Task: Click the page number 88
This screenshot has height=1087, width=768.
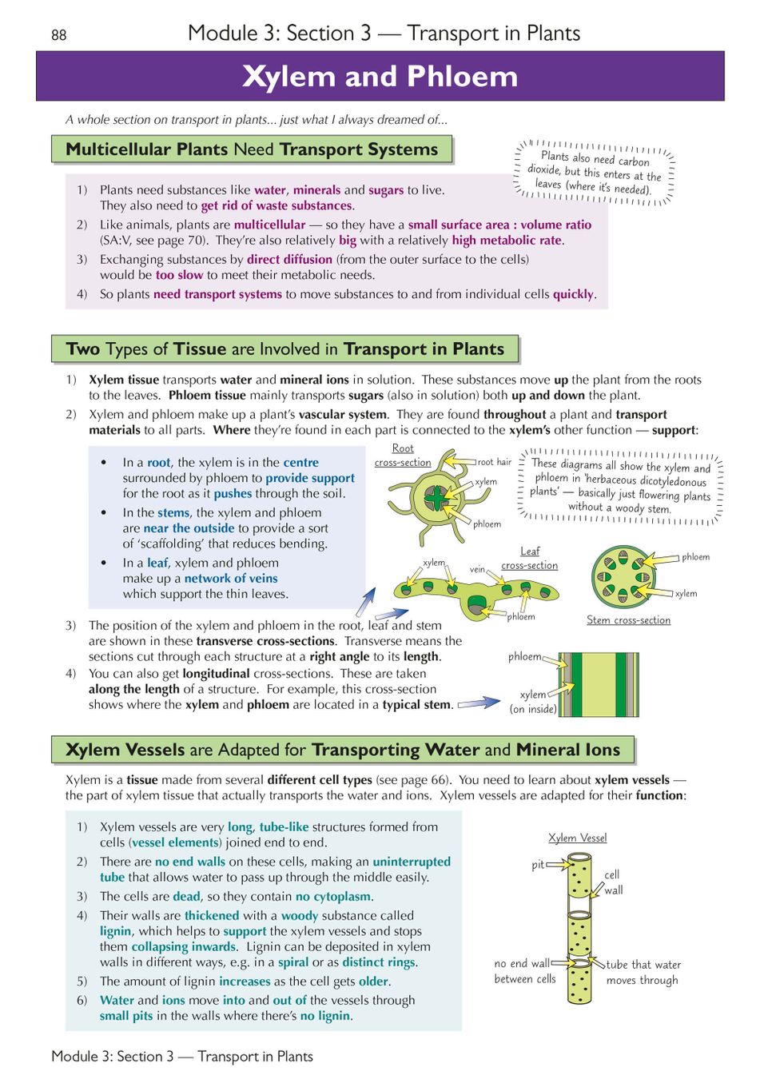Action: point(58,35)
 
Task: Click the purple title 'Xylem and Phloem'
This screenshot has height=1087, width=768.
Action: point(380,76)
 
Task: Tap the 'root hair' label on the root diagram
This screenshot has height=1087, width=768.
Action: point(495,462)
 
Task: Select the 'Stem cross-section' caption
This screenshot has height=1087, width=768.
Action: point(628,620)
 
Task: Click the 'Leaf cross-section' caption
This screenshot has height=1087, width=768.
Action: point(529,558)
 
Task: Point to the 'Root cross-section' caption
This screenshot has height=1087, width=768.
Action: point(403,456)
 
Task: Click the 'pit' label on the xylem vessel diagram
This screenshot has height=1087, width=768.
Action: point(538,865)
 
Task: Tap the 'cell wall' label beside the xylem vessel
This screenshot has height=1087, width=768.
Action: point(613,882)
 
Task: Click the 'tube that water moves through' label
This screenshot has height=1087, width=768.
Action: point(643,972)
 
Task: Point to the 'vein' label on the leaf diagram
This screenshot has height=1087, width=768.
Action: point(477,569)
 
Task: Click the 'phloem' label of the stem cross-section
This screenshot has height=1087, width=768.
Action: point(695,557)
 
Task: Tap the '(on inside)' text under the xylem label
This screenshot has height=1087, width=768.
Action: point(533,709)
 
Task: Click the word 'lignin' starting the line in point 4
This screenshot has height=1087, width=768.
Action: point(115,931)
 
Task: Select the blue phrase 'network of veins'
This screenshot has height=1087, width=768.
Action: point(231,579)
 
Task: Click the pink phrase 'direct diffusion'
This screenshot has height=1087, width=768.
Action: point(289,260)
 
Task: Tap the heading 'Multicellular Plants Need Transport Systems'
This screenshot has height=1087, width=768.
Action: point(252,149)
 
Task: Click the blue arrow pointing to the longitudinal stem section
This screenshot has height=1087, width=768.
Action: point(479,703)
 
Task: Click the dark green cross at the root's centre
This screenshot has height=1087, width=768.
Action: point(436,497)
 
